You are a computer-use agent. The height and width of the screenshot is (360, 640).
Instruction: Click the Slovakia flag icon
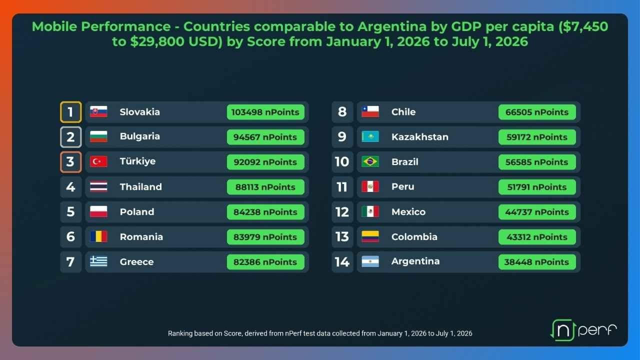(x=98, y=111)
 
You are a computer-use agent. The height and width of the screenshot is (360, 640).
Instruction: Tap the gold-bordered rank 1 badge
(x=71, y=112)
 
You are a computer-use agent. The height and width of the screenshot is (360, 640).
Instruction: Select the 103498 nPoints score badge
(x=265, y=112)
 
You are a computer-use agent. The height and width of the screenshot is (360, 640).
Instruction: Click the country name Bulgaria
(x=139, y=136)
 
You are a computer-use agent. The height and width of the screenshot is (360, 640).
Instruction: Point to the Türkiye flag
(x=98, y=161)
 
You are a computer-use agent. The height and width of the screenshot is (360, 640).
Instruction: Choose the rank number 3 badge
(x=71, y=162)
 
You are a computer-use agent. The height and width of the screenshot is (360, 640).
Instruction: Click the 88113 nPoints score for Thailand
(x=265, y=187)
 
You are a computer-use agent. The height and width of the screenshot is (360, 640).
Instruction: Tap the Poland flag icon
(x=98, y=211)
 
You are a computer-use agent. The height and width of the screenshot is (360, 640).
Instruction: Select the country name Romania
(x=141, y=237)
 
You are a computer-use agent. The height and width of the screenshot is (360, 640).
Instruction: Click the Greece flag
(x=98, y=261)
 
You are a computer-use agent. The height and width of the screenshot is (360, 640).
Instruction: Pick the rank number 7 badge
(x=71, y=262)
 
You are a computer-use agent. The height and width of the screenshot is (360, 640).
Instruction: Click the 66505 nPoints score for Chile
(x=537, y=112)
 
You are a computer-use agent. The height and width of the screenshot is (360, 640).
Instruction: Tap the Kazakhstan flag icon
(x=370, y=136)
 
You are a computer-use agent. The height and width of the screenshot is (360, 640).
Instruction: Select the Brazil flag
(x=370, y=161)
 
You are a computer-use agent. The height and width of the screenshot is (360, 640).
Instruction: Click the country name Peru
(x=403, y=186)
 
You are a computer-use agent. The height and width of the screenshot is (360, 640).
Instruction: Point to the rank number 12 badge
(x=342, y=212)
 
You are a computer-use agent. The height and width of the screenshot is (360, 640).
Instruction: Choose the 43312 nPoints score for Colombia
(x=537, y=237)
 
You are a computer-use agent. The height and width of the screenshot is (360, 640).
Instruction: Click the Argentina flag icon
(x=370, y=261)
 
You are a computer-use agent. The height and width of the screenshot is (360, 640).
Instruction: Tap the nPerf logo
(x=583, y=330)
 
